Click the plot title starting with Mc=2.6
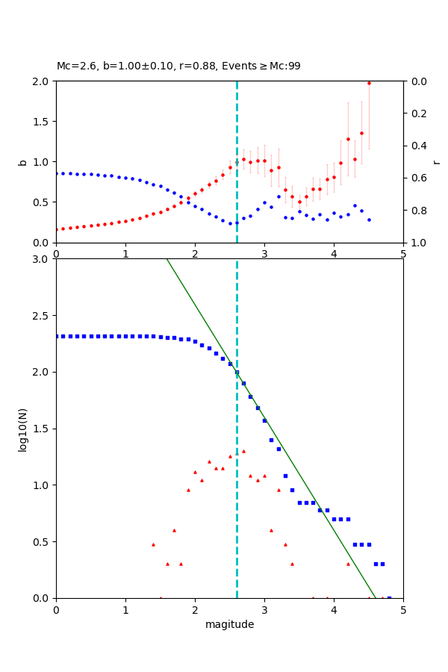click(178, 66)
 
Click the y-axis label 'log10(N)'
click(22, 429)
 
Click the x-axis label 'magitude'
click(229, 624)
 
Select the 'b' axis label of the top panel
click(22, 162)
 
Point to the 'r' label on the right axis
click(436, 162)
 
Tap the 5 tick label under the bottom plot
click(403, 609)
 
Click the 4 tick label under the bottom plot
click(334, 609)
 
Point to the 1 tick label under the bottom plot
click(125, 609)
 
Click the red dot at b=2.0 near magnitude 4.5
click(369, 82)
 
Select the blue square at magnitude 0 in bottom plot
click(57, 336)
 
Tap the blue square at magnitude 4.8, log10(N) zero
click(389, 597)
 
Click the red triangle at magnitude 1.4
click(153, 544)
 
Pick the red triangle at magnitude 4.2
click(348, 564)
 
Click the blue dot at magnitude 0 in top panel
click(57, 173)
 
